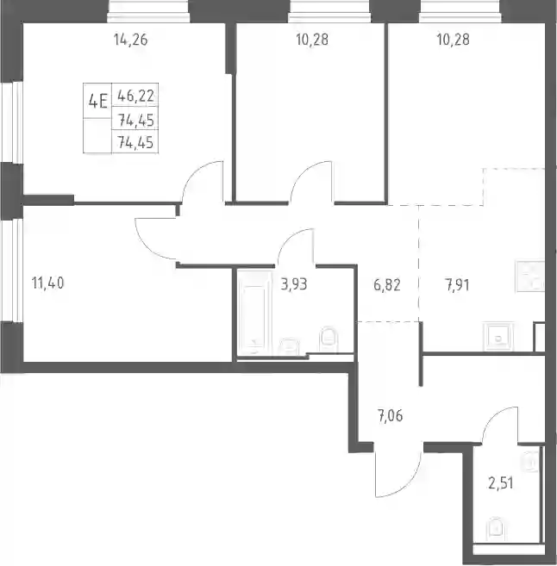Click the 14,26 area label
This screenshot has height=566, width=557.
coord(131,40)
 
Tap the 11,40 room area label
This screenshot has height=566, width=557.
coord(48,283)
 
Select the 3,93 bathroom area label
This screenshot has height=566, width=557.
coord(294,284)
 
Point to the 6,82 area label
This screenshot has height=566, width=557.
coord(387,285)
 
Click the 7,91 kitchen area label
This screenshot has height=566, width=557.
coord(457,285)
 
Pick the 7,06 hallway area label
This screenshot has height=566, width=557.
coord(390,416)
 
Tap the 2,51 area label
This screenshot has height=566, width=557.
coord(501,483)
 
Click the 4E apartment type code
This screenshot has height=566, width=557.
coord(98,101)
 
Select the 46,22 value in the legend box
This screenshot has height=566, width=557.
coord(136,96)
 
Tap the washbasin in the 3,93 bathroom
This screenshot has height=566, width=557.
coord(289,345)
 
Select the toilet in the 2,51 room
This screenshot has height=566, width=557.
coord(497,529)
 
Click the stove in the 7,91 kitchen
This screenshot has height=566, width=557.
coord(530,277)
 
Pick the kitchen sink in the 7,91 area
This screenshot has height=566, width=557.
coord(499,337)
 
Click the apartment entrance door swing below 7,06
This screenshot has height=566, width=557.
coord(398,470)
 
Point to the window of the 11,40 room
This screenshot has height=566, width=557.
coord(13,270)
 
